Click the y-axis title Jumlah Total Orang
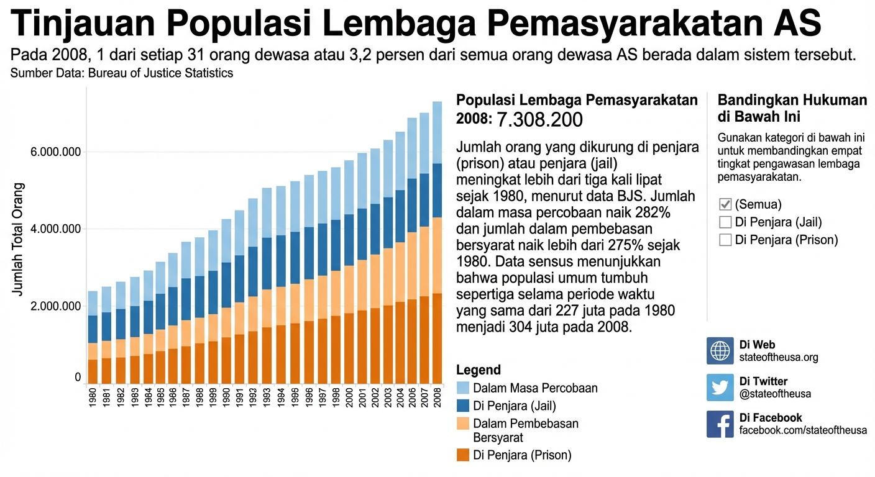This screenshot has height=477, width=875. click(18, 239)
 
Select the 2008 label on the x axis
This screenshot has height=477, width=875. click(437, 397)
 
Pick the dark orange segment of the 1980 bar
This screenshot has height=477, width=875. click(93, 371)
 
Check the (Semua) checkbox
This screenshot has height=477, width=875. click(725, 204)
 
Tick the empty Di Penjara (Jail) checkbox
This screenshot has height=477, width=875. click(725, 222)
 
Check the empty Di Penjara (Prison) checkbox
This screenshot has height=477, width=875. click(725, 240)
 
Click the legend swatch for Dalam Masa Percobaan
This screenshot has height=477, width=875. click(462, 388)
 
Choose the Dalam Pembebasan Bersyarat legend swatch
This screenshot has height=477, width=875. click(462, 424)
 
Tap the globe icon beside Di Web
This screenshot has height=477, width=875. click(720, 351)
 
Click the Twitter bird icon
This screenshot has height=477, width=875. click(720, 388)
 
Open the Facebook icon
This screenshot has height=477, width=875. click(720, 424)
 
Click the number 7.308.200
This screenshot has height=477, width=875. click(540, 119)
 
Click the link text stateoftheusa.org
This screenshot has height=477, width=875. click(779, 357)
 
